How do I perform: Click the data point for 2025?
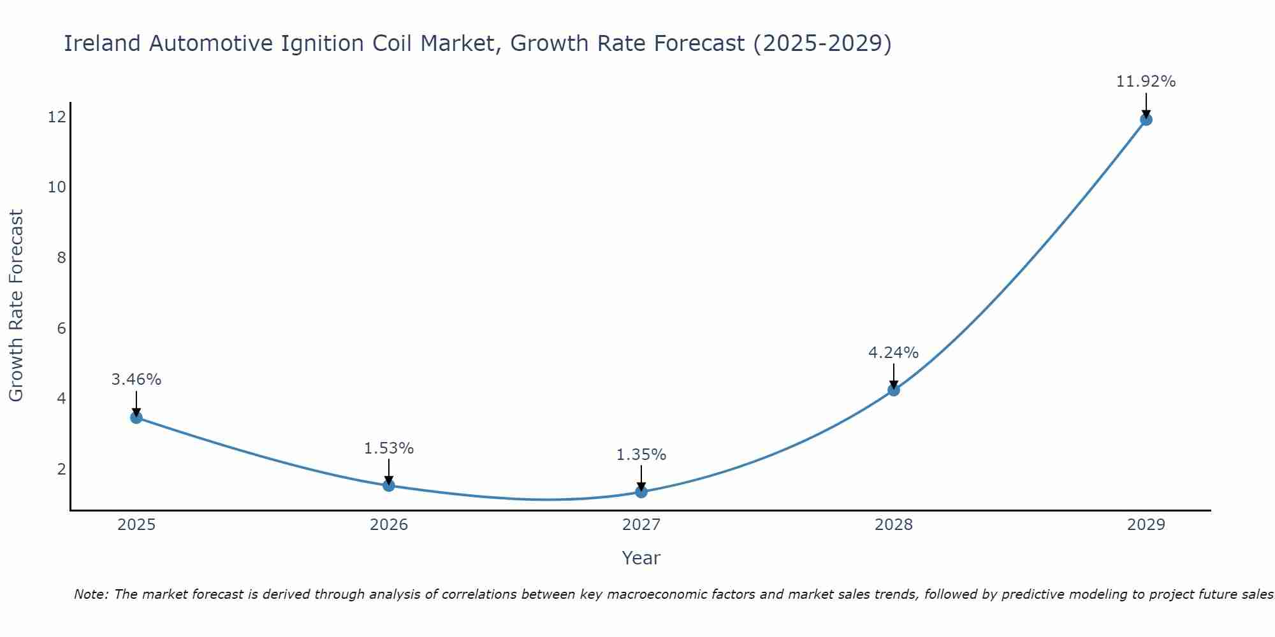pos(136,417)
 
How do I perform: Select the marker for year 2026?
pos(389,485)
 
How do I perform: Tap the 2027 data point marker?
pos(641,492)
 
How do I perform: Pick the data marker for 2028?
pos(894,390)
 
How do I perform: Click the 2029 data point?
pos(1146,119)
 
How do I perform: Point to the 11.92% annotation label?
pos(1146,82)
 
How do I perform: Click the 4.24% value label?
pos(893,352)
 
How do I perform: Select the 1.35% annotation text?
pos(641,455)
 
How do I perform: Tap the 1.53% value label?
pos(389,448)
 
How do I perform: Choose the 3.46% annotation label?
pos(136,380)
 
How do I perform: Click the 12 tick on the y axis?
pos(57,117)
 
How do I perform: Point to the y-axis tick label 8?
pos(61,257)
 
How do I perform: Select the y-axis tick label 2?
pos(61,469)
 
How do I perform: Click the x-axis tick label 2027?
pos(641,525)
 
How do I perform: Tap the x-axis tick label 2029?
pos(1146,525)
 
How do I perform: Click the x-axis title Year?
pos(641,558)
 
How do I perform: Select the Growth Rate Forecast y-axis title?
pos(16,306)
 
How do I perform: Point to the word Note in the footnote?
pos(91,594)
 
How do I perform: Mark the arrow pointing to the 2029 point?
pos(1146,105)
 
